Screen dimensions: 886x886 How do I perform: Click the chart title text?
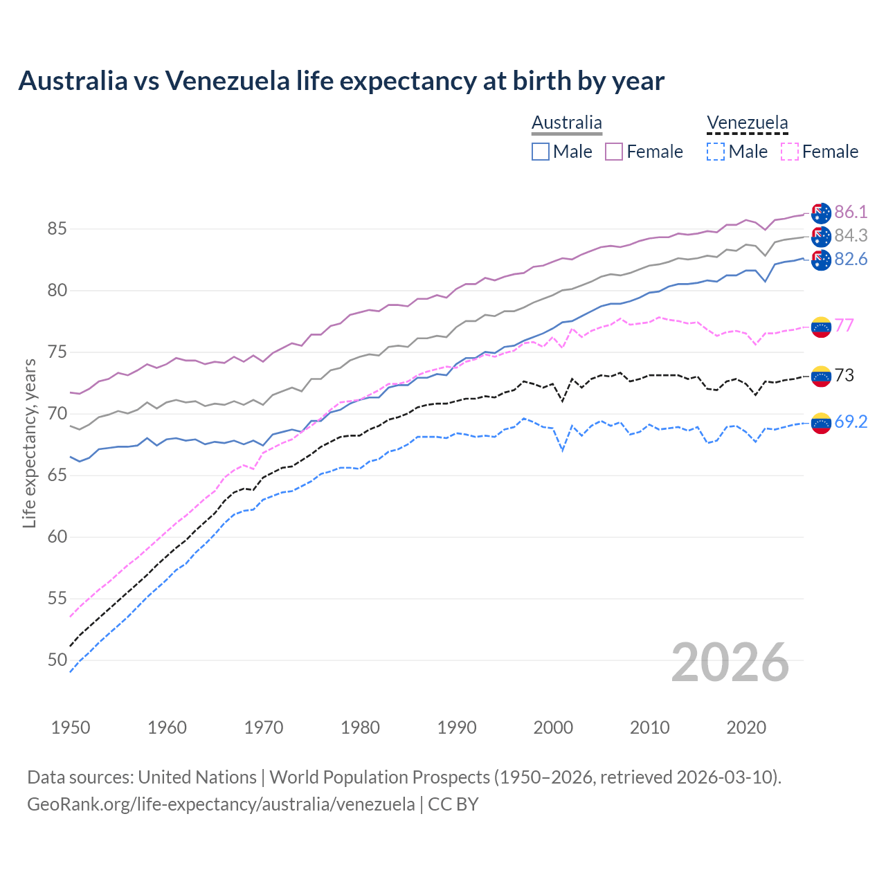(x=341, y=81)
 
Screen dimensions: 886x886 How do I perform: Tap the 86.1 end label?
(x=851, y=212)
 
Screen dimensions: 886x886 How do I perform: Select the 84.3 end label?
(x=851, y=235)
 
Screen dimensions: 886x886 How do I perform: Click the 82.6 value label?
(x=851, y=259)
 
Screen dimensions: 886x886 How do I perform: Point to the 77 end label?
(x=844, y=325)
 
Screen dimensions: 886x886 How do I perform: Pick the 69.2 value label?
(x=851, y=422)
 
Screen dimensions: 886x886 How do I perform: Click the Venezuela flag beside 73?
(x=821, y=376)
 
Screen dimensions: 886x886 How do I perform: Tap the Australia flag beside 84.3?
(x=821, y=236)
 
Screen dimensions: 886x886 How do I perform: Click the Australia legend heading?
(x=567, y=123)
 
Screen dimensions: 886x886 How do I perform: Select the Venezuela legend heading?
(x=747, y=123)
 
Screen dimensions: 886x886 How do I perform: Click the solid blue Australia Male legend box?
(x=541, y=152)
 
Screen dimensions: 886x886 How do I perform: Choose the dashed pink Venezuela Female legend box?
(x=790, y=152)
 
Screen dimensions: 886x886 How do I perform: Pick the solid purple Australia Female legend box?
(x=614, y=152)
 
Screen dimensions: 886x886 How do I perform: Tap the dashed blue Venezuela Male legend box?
(x=716, y=152)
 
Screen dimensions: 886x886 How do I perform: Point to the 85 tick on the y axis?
(x=57, y=228)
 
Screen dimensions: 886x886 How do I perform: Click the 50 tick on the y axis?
(x=57, y=660)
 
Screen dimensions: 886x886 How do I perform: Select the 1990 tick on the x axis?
(x=457, y=727)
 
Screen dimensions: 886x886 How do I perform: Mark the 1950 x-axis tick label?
(x=71, y=727)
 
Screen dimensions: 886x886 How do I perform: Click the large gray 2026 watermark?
(x=730, y=662)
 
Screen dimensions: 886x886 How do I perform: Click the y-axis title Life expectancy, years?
(x=29, y=443)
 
